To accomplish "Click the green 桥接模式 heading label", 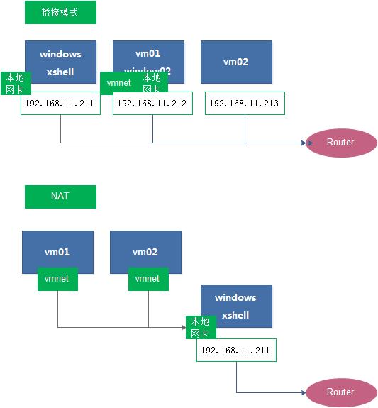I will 60,13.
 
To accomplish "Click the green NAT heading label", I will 60,197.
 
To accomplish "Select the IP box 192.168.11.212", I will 152,103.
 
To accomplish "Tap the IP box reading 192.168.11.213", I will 245,103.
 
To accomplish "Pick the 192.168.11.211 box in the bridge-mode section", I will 60,104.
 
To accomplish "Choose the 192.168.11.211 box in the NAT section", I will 236,351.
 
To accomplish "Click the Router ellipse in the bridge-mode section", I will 340,143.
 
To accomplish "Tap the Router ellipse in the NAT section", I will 340,392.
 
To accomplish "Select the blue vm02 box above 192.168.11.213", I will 236,62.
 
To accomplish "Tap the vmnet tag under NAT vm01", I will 57,279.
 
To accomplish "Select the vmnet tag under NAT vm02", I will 148,279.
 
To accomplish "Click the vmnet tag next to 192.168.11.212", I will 118,83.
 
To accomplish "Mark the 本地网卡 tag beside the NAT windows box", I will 200,327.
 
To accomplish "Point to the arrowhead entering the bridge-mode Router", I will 309,143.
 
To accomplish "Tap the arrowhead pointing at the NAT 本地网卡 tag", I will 182,327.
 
